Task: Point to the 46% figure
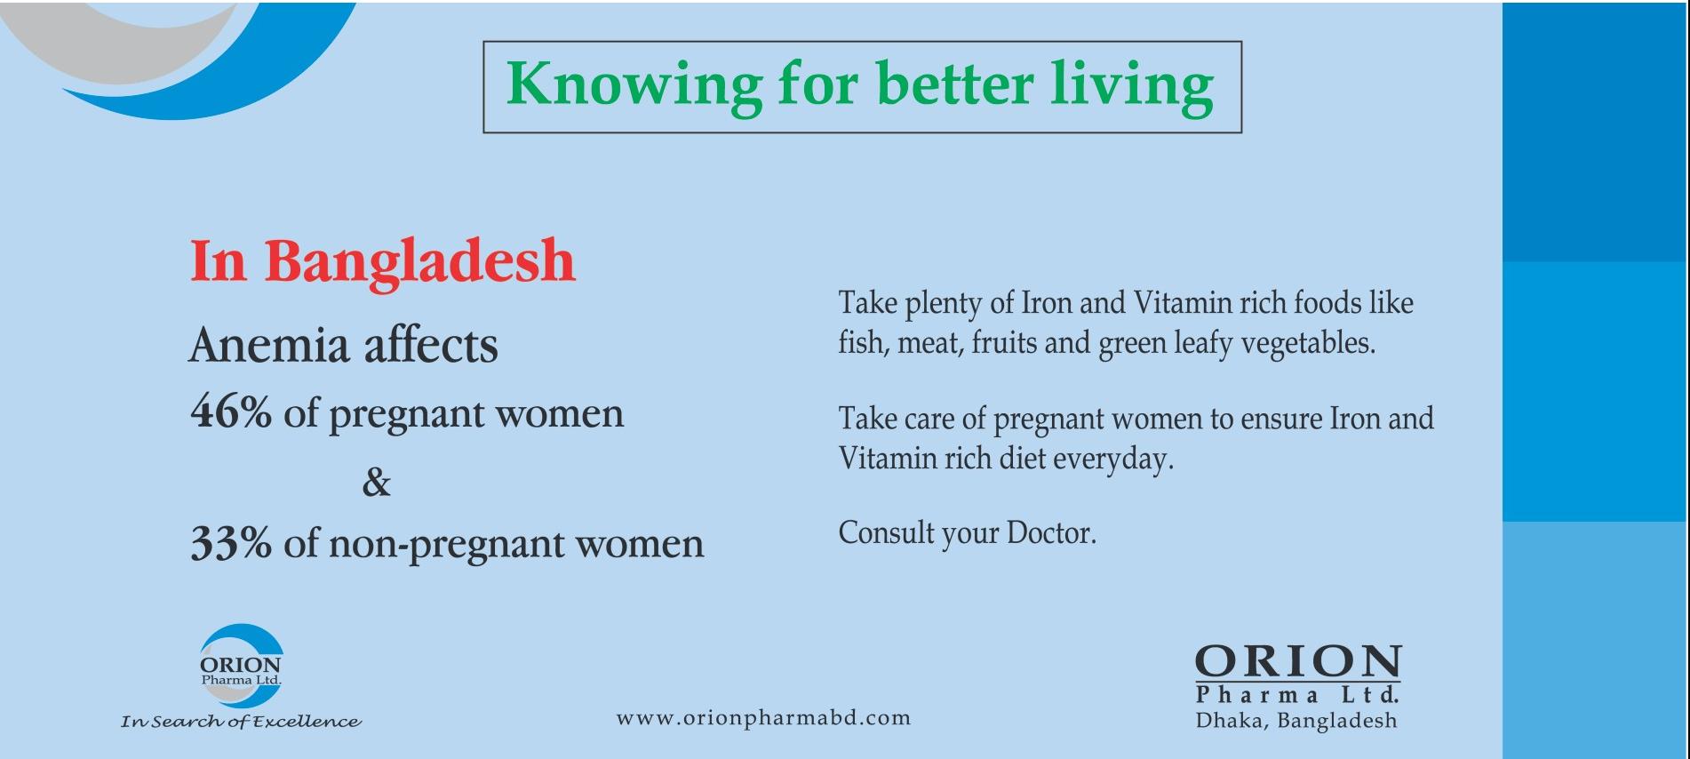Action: coord(231,412)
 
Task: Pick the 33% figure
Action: coord(231,543)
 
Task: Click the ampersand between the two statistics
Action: coord(377,483)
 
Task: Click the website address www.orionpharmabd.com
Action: coord(763,717)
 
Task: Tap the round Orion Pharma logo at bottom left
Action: coord(241,666)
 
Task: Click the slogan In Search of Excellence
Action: coord(241,722)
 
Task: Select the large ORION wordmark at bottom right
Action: coord(1298,662)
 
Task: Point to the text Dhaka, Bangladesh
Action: coord(1296,721)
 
